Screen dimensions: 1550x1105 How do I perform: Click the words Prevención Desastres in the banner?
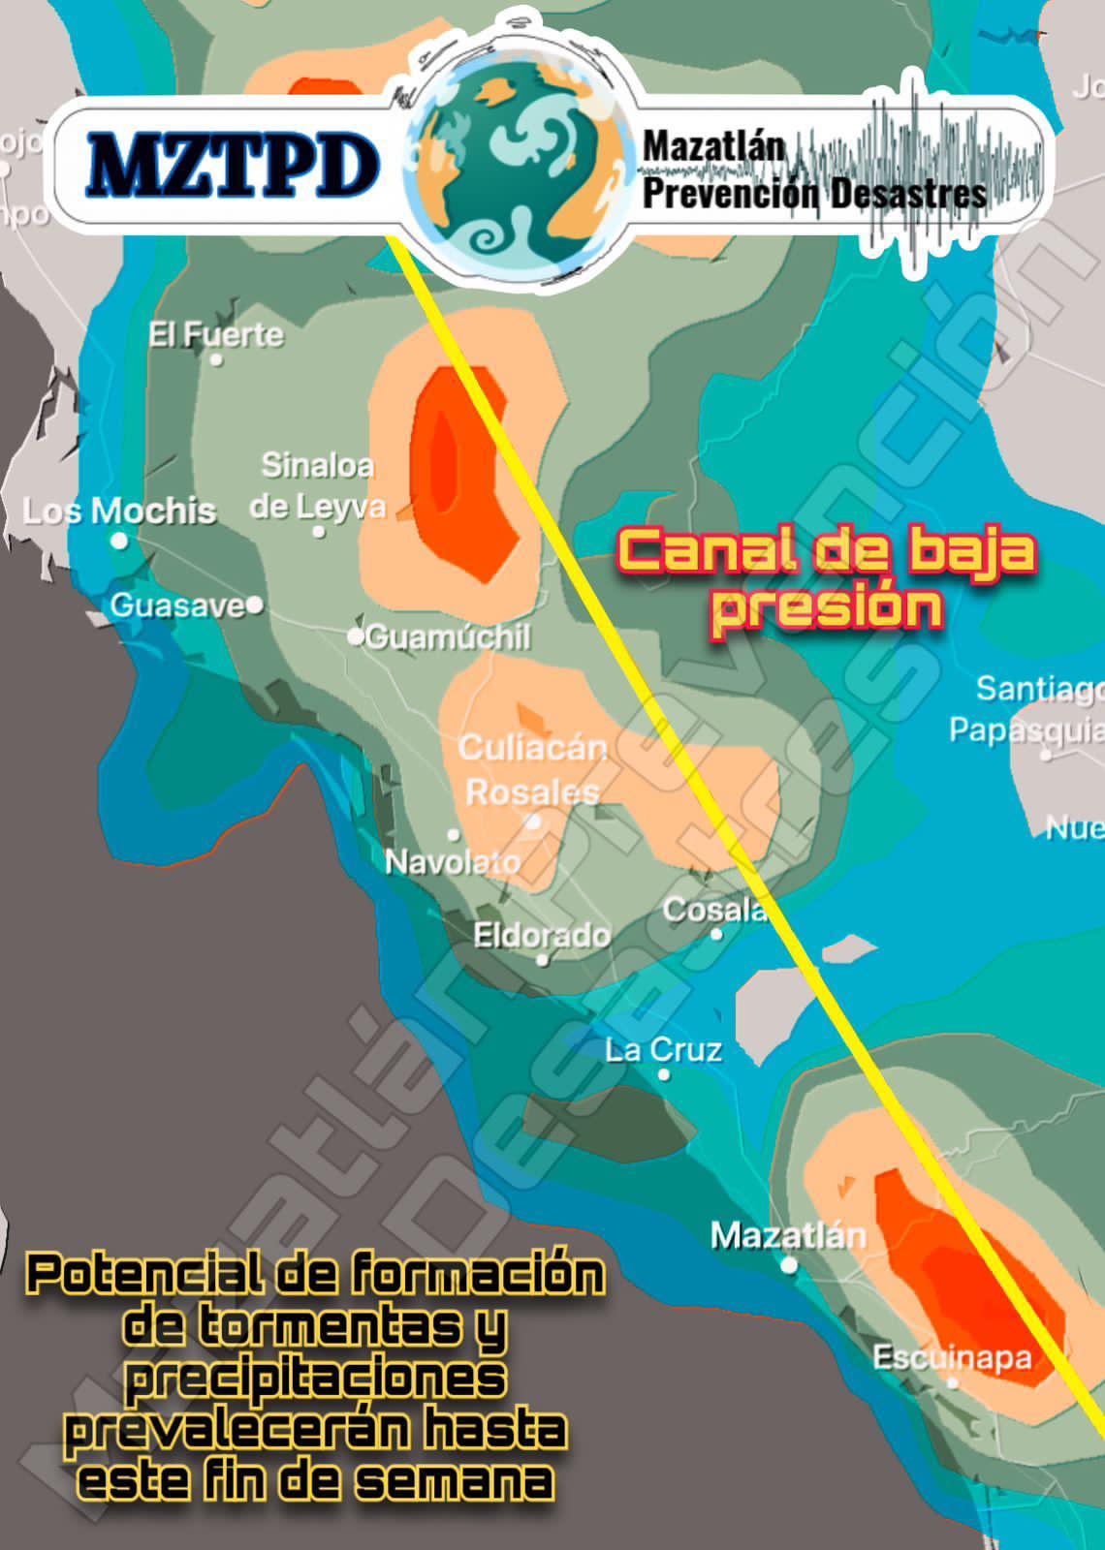(814, 194)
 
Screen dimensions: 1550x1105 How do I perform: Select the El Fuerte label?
(215, 335)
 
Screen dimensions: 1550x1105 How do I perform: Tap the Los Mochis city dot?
(119, 541)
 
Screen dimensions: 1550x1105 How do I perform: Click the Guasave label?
(177, 605)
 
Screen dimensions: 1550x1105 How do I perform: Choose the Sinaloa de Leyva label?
(318, 485)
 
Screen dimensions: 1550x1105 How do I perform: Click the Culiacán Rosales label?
(532, 769)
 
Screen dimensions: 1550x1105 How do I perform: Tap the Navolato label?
(453, 861)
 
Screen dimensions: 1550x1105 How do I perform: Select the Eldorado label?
(542, 935)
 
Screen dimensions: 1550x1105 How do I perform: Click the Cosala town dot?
(717, 934)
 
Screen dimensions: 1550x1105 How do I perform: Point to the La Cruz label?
(664, 1050)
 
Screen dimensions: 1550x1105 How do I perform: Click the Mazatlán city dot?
(790, 1264)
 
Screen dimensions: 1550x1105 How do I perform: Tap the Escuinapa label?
(952, 1357)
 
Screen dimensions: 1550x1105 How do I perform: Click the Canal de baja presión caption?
(827, 579)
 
